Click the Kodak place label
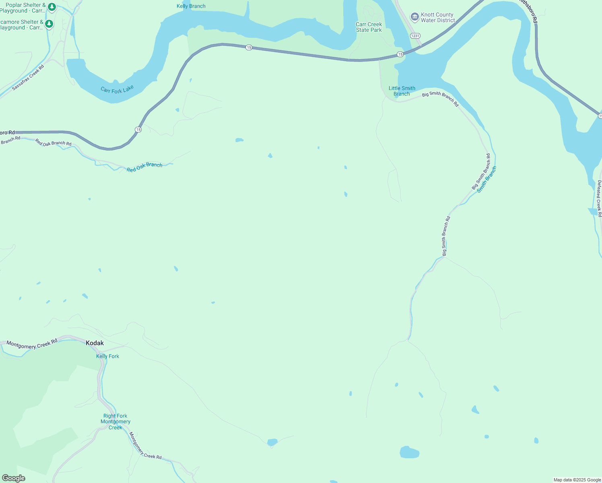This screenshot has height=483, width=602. point(95,343)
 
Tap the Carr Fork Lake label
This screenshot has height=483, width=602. point(117,90)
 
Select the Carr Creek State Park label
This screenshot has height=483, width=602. point(369,27)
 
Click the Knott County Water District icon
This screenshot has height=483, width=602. point(414,17)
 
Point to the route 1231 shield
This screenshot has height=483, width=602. point(415,36)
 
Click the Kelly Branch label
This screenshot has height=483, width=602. point(191,6)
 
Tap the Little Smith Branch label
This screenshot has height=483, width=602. point(402,91)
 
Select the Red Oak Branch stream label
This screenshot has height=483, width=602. point(144,167)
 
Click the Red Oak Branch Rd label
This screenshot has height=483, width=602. point(53,142)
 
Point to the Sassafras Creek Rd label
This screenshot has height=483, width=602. point(28,77)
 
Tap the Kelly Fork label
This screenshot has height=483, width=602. point(107,356)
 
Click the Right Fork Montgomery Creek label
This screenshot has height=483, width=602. point(115,421)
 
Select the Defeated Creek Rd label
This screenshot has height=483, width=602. point(599,198)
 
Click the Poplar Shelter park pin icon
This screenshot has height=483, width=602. point(52,7)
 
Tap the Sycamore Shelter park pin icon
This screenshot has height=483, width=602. point(49,24)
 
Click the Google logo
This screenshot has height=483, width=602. point(14,478)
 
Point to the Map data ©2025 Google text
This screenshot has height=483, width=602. point(577,480)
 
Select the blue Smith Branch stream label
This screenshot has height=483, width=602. point(487,180)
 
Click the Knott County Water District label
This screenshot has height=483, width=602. point(438,17)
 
